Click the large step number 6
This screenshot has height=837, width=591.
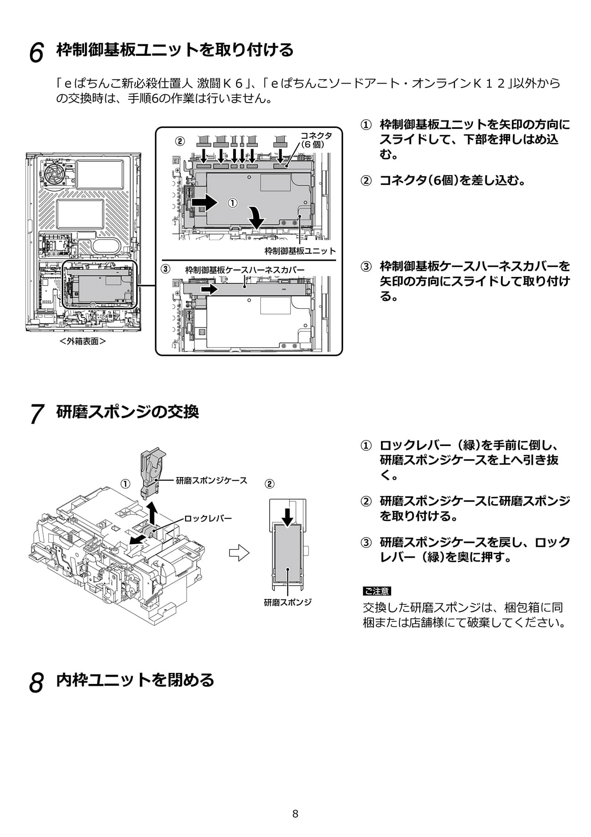36,52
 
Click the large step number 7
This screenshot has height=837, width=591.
36,413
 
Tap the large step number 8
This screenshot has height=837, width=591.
36,682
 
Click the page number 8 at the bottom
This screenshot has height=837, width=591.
295,814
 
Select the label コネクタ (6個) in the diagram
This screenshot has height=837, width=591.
316,140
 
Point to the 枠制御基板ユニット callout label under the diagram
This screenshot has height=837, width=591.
300,251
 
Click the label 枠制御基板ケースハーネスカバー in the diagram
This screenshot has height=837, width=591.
245,270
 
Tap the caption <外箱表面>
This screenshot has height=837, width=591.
83,341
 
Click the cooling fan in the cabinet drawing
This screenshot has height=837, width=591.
57,173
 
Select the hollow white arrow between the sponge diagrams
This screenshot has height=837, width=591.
239,552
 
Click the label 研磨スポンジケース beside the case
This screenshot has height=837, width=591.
211,481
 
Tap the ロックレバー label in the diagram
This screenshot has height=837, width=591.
208,519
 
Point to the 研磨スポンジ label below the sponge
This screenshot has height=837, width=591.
288,602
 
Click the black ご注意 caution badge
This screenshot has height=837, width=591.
377,591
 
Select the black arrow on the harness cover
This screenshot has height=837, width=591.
209,289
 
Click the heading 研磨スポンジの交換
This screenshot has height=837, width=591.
127,411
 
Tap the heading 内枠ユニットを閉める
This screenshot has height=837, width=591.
135,680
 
